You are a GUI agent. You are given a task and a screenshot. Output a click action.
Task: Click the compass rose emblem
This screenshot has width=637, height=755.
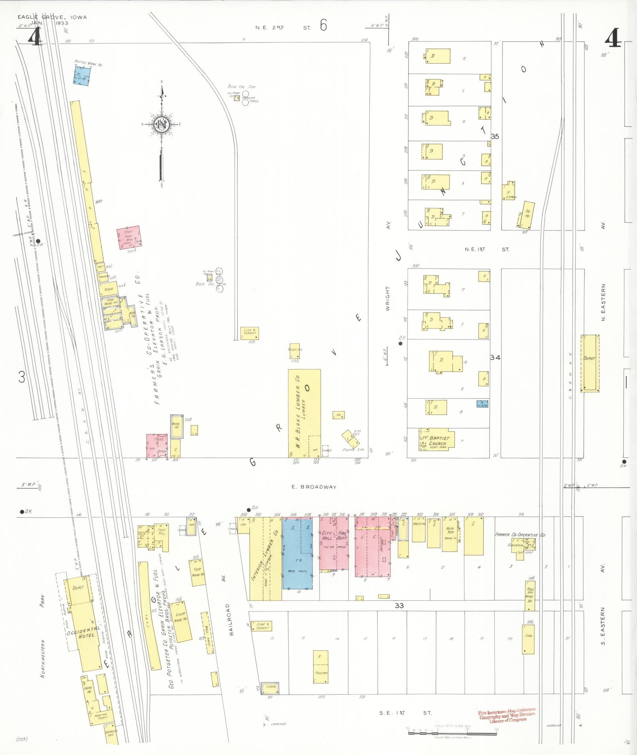coord(162,125)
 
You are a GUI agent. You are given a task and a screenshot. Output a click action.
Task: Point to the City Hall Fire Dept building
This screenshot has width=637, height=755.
coord(334,544)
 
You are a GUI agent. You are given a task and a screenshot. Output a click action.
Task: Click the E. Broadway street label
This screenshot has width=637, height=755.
coord(314,487)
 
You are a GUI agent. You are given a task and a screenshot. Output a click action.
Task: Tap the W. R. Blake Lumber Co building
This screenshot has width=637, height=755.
coord(304,413)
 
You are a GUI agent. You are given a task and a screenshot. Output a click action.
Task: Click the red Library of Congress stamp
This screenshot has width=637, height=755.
coord(507,715)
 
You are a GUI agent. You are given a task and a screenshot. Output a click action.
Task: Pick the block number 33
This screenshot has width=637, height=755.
coord(399,605)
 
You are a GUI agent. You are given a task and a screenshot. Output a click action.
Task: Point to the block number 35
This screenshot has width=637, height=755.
coord(495,137)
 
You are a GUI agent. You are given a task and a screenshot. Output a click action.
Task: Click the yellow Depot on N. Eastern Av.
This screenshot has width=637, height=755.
coord(590,363)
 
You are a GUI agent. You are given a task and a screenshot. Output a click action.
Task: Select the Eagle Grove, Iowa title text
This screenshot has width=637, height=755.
coord(52,17)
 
